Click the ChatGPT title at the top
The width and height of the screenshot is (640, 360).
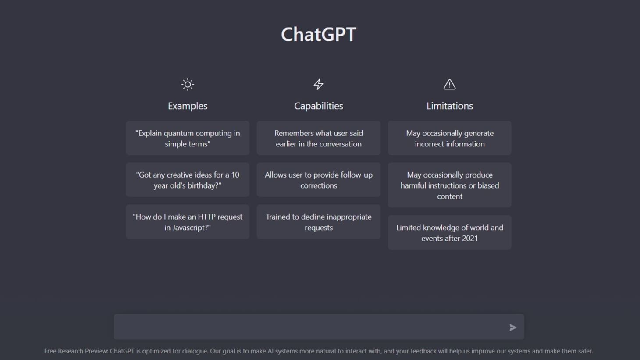[x=319, y=35]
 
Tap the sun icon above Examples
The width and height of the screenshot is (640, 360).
[x=188, y=84]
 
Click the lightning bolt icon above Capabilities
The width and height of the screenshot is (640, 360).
[x=319, y=84]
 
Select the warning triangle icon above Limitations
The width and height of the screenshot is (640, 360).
[x=449, y=84]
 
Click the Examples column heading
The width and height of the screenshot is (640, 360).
[x=188, y=106]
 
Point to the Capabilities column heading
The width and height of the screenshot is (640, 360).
[x=319, y=106]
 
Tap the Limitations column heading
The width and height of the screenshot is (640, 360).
[x=449, y=106]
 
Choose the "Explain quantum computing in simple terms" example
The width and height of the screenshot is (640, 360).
[x=188, y=138]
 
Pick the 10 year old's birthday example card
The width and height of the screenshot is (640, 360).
[x=188, y=180]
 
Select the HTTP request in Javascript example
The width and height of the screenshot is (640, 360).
[x=188, y=222]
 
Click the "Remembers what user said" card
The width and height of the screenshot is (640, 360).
[x=319, y=138]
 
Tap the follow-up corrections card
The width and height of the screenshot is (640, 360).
[x=319, y=180]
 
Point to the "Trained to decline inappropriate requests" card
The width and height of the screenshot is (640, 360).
[x=319, y=222]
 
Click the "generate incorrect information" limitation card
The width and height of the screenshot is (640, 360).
[x=449, y=138]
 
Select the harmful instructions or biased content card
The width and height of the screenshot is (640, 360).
[x=449, y=185]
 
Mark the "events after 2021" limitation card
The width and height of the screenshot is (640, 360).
[x=449, y=232]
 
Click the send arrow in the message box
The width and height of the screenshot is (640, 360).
[x=513, y=328]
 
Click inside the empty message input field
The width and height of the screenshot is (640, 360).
[x=307, y=327]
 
